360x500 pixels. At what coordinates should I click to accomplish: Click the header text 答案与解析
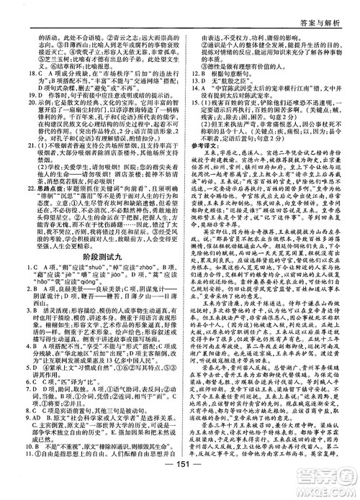[x=325, y=12]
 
